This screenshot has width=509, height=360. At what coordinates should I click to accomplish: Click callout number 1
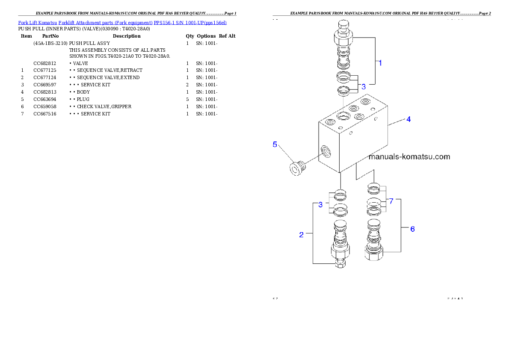380,63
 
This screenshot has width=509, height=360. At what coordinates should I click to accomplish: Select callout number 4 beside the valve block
408,119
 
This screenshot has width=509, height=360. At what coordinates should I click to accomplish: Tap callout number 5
275,144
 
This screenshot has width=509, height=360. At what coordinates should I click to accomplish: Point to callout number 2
302,235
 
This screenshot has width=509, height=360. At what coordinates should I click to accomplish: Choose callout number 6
412,229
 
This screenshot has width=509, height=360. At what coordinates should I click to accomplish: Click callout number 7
391,201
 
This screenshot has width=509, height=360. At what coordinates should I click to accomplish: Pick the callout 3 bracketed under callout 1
364,86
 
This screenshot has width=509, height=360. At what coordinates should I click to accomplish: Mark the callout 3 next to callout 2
321,205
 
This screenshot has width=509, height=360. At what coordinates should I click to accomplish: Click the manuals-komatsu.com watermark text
409,156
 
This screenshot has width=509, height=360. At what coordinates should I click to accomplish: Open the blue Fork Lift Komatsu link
122,22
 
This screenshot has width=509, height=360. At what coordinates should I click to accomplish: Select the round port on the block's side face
326,150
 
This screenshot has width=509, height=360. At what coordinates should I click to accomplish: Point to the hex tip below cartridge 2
340,265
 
